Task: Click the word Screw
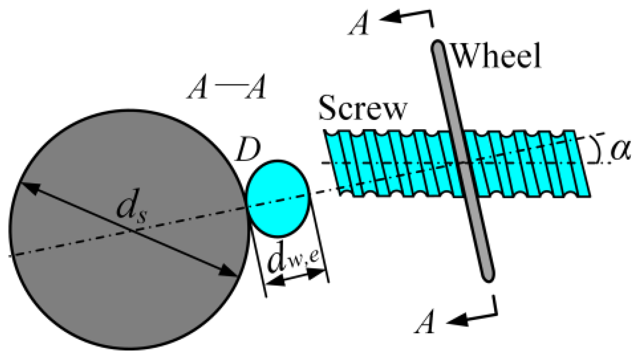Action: pos(363,108)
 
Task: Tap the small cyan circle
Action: pos(278,198)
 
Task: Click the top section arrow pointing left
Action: pos(393,17)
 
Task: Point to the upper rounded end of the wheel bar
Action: pos(437,45)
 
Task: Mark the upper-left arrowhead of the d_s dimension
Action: pos(26,186)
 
